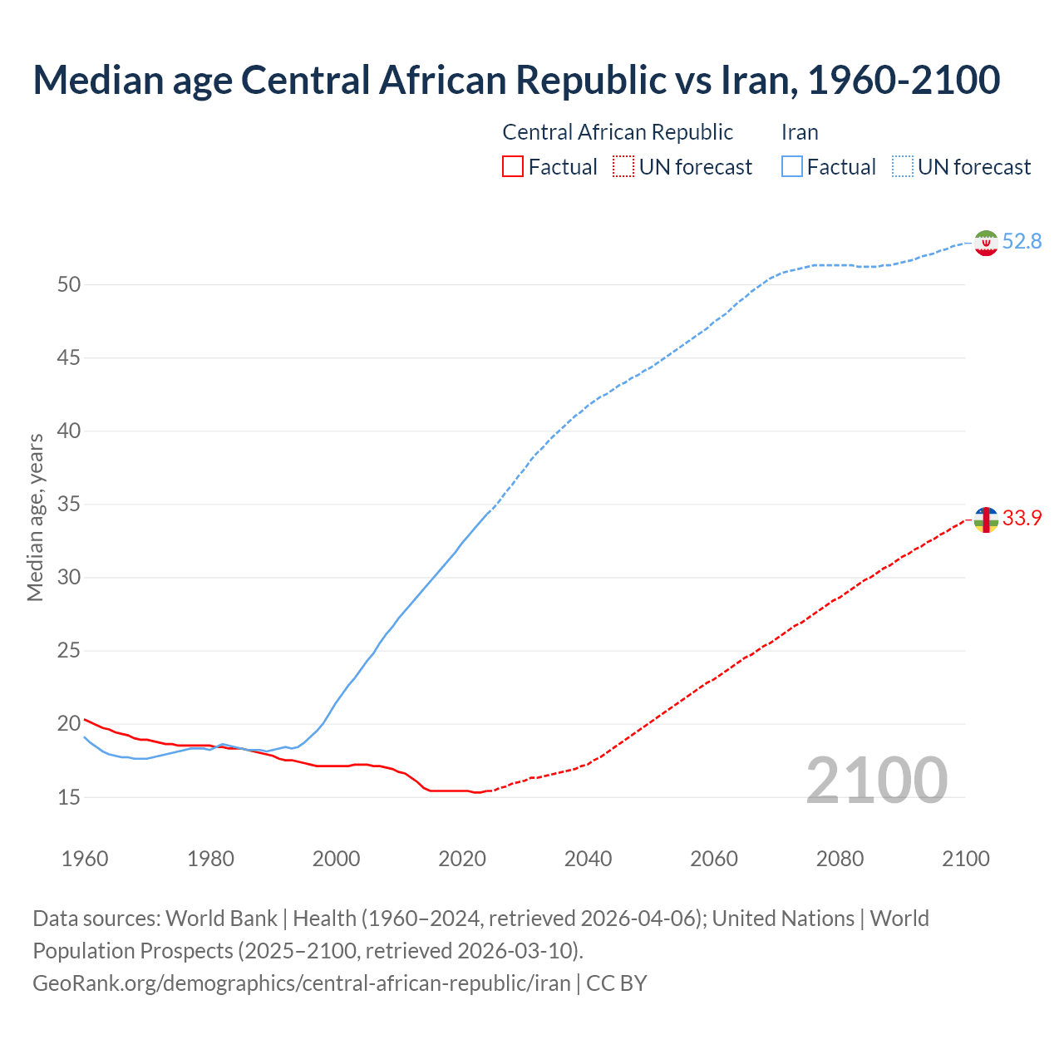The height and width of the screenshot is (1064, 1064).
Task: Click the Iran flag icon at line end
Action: [986, 243]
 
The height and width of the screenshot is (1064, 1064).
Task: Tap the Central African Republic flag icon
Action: [986, 520]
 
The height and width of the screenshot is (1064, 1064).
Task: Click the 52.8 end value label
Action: [1022, 242]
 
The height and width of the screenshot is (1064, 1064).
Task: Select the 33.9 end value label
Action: [1022, 519]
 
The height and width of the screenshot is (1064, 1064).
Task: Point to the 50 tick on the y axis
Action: [69, 285]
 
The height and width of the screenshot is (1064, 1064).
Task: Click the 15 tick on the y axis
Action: [69, 797]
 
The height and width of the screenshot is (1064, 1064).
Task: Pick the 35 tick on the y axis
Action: [69, 505]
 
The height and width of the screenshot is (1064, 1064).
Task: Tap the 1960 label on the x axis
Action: [85, 859]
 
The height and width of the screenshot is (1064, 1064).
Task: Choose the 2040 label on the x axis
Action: [588, 859]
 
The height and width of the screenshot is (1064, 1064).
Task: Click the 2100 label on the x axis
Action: [965, 859]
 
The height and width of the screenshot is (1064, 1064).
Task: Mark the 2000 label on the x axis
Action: [336, 859]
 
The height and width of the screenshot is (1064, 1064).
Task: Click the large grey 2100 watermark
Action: [876, 781]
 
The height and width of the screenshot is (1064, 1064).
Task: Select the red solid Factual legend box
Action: [513, 167]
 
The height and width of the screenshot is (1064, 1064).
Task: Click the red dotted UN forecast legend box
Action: [623, 167]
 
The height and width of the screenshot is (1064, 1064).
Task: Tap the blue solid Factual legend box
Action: [792, 167]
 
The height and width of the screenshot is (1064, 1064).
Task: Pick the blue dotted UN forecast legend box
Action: [903, 167]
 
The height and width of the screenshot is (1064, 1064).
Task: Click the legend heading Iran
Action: [800, 132]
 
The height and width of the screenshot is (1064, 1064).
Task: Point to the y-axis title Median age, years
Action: [35, 517]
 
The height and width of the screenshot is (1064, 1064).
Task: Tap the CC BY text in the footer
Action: [617, 983]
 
